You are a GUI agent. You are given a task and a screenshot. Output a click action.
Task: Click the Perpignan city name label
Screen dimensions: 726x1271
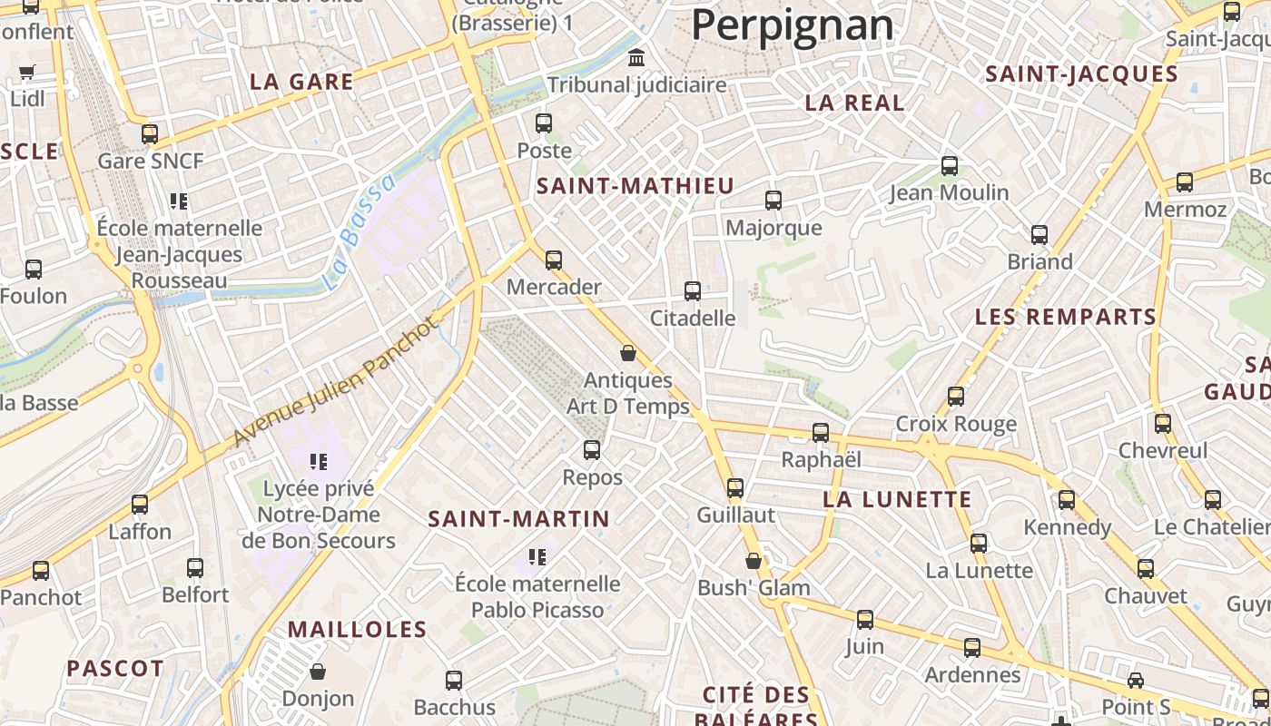(793, 25)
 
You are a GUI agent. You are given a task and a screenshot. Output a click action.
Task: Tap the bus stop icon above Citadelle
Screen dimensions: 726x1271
(693, 291)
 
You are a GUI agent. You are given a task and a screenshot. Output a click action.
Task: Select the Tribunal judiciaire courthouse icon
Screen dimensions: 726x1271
(636, 58)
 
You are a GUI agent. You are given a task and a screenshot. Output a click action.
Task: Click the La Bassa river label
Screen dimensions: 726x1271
(359, 232)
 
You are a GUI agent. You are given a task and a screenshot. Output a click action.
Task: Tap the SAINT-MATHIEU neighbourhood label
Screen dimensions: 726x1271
(635, 187)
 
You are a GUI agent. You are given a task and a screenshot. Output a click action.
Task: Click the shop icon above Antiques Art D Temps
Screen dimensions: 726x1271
(627, 353)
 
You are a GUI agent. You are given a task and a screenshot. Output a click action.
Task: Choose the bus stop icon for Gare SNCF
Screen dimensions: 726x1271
(150, 134)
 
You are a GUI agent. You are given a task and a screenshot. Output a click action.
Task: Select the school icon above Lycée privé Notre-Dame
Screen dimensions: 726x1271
(318, 462)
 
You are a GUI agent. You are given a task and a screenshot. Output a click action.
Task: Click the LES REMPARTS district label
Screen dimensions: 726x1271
(1065, 318)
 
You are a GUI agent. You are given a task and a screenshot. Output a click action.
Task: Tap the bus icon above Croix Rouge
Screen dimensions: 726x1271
(956, 397)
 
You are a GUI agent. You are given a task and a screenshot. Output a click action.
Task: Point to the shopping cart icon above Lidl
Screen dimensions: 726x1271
(27, 72)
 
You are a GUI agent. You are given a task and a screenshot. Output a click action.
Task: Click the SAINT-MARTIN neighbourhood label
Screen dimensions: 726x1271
(518, 519)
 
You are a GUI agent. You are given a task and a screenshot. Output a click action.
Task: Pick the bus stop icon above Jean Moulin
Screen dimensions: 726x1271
(950, 166)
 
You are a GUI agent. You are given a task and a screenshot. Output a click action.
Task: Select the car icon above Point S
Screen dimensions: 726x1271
(1135, 681)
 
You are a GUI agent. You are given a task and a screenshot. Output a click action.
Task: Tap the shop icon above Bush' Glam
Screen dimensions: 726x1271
(753, 561)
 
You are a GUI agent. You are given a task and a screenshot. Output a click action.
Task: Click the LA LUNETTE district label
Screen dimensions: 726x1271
(897, 500)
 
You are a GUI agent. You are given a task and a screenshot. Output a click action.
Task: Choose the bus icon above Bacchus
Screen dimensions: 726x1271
(454, 680)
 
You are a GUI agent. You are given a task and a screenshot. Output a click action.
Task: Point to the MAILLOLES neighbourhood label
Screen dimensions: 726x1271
(357, 630)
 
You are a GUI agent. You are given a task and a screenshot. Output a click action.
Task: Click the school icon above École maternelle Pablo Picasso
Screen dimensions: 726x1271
(537, 556)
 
